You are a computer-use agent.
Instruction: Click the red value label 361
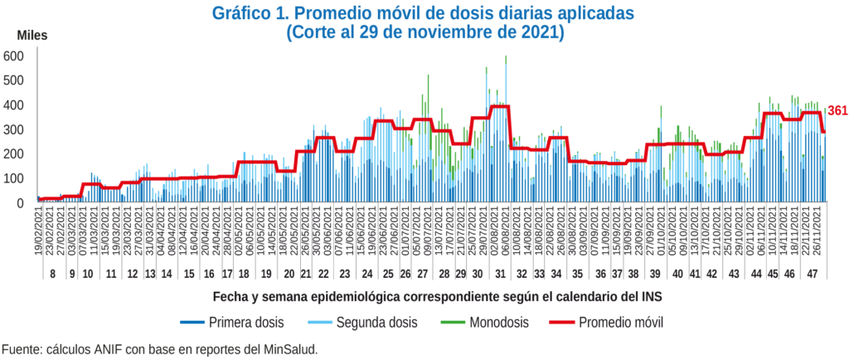point(837,110)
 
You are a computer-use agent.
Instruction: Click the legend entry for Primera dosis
point(235,322)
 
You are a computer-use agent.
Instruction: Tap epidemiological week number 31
point(500,274)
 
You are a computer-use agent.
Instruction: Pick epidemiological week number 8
point(53,274)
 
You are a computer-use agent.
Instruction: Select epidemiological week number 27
point(422,274)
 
